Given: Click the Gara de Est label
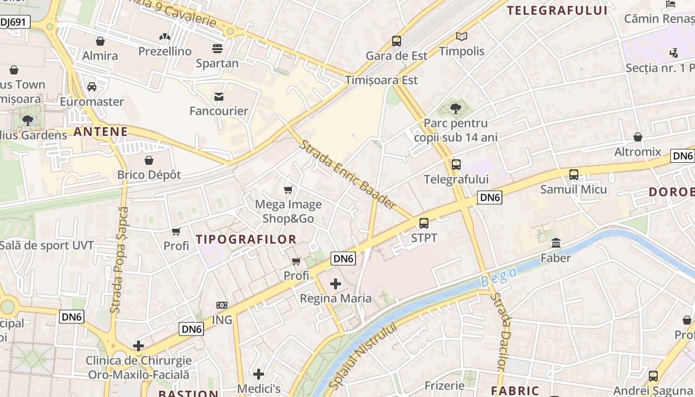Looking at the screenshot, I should (x=396, y=56).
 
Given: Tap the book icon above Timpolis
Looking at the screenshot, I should (x=462, y=37).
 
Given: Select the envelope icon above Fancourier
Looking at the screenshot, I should (x=218, y=96).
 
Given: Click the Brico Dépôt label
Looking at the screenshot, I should (x=149, y=175).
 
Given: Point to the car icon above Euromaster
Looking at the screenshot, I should (x=92, y=87).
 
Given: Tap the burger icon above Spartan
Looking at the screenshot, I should (x=217, y=49).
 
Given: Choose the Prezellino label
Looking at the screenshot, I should (x=165, y=51).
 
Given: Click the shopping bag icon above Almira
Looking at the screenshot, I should (x=100, y=41).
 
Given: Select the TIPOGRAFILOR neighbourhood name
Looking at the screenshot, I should (x=246, y=239).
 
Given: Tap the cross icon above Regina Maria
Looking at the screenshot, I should (x=336, y=284).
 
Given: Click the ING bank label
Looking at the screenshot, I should (x=222, y=320).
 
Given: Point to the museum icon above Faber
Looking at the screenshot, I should (x=556, y=244).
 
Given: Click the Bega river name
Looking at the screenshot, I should (x=499, y=277).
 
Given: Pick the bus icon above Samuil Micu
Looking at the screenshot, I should (x=574, y=175).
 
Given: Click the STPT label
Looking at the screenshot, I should (x=424, y=238).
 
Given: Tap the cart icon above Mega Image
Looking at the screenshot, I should (x=288, y=190).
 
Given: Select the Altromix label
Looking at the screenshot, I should (x=638, y=152).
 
